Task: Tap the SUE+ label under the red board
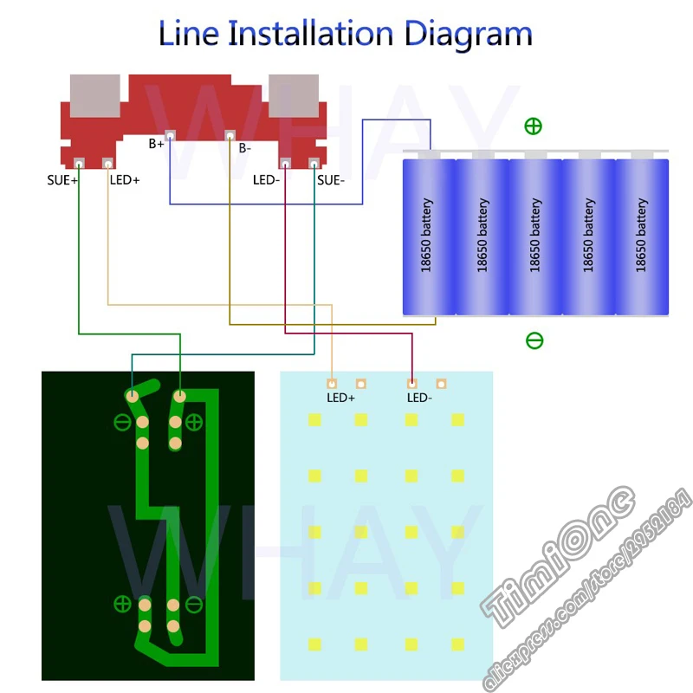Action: click(x=62, y=181)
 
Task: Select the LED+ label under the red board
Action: click(x=125, y=181)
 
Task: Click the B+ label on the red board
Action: click(x=156, y=144)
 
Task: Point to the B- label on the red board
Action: click(x=245, y=148)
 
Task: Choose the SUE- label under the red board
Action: click(x=331, y=181)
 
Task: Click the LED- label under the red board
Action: click(x=266, y=181)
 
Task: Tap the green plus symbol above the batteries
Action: click(x=534, y=126)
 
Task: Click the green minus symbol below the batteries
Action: click(x=534, y=340)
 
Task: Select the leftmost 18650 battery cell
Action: click(x=428, y=235)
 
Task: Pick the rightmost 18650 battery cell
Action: click(x=642, y=235)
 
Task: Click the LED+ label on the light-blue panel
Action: click(x=340, y=398)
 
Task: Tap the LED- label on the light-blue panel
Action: click(x=419, y=398)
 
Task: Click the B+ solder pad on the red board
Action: click(x=170, y=135)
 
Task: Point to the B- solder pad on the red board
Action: click(x=230, y=135)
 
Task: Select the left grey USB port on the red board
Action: click(x=94, y=96)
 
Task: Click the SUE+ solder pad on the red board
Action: click(x=79, y=163)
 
